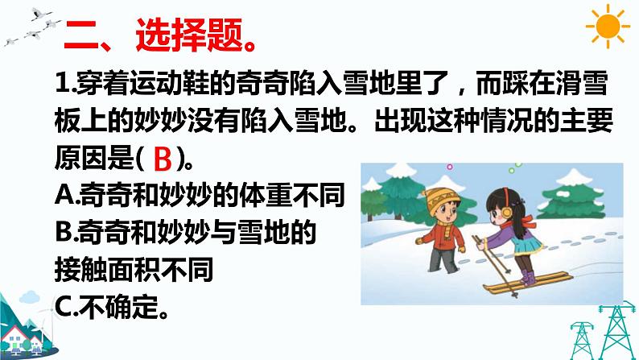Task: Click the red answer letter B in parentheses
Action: pos(163,161)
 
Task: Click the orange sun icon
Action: pos(609,28)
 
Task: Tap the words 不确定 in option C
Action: pos(118,308)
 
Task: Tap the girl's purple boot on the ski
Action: pos(527,278)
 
